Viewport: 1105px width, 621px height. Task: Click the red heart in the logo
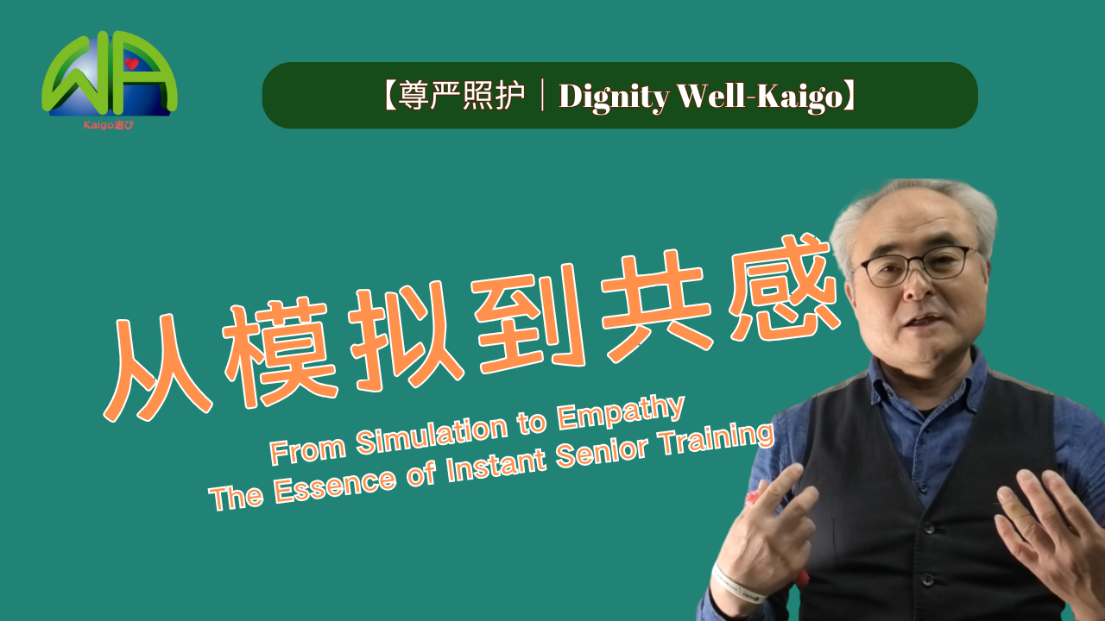click(x=132, y=64)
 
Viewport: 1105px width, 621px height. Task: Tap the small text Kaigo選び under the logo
click(x=109, y=125)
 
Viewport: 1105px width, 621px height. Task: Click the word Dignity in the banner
click(x=614, y=97)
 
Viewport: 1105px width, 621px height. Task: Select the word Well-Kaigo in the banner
click(x=761, y=97)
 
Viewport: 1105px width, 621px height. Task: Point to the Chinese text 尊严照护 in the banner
click(x=461, y=95)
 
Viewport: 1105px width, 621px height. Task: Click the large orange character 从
click(x=159, y=367)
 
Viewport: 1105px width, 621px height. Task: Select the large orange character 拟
click(x=406, y=336)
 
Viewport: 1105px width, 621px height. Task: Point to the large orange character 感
click(x=785, y=288)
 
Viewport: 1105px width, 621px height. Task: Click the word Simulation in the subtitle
click(x=433, y=434)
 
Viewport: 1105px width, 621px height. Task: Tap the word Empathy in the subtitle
click(x=621, y=413)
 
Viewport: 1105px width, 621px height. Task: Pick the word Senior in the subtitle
click(x=602, y=454)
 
